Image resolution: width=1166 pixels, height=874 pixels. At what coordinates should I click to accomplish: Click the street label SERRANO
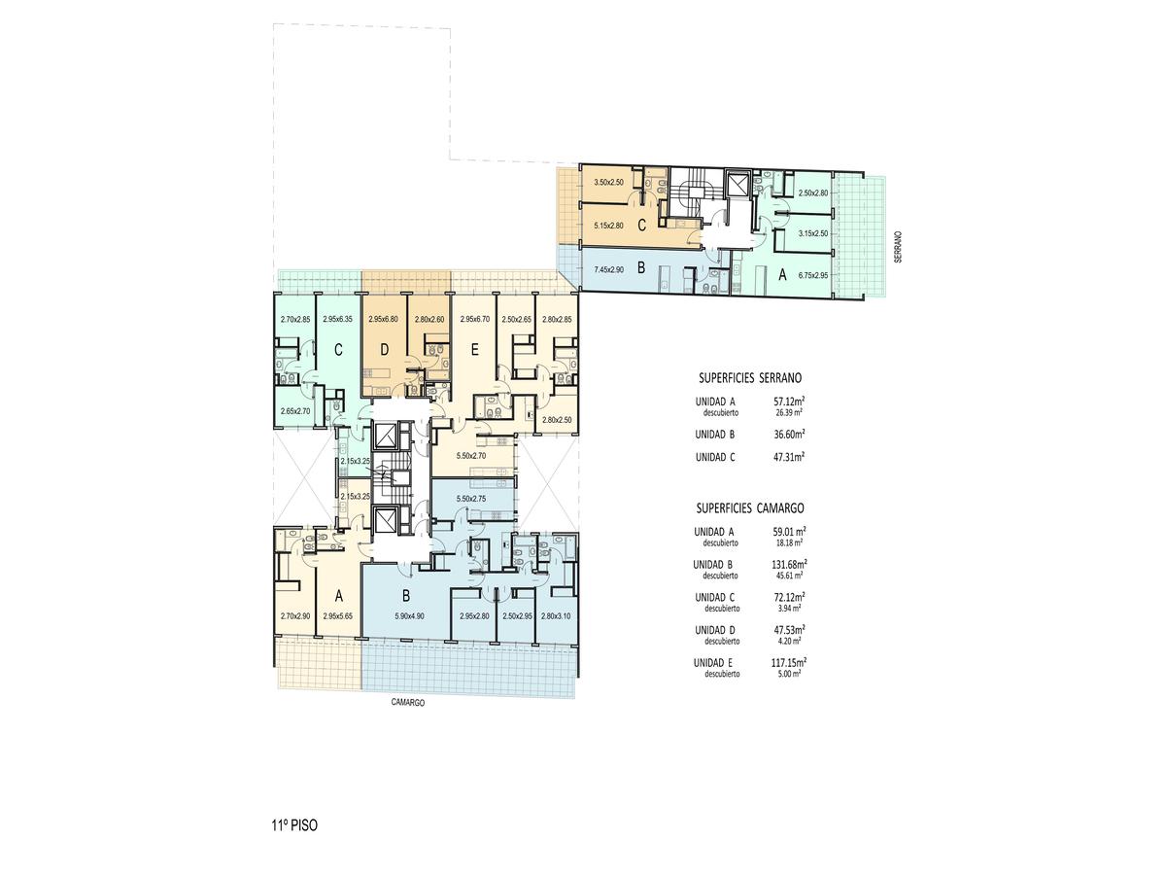[x=898, y=247]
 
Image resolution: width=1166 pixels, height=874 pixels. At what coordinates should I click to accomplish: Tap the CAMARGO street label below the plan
[x=407, y=702]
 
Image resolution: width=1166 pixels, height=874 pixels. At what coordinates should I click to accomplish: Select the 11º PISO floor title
[x=294, y=825]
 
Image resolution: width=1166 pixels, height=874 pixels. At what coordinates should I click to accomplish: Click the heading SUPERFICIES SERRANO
[x=749, y=378]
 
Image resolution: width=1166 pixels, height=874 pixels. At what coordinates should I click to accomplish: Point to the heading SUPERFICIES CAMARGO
[x=749, y=507]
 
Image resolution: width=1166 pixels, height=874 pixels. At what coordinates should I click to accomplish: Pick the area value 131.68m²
[x=789, y=564]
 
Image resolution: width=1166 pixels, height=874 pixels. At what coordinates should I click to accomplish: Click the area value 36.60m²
[x=789, y=434]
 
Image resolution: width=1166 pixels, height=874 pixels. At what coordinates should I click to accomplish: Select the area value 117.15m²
[x=789, y=662]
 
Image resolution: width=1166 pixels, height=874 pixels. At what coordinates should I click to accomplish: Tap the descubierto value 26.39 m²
[x=789, y=412]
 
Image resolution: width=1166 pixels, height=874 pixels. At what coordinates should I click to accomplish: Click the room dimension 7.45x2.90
[x=609, y=270]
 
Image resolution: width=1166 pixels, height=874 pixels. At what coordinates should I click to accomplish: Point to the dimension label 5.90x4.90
[x=409, y=616]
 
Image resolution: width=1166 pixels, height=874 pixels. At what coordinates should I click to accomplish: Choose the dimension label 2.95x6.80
[x=383, y=319]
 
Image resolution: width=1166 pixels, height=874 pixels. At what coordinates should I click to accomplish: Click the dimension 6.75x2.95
[x=813, y=275]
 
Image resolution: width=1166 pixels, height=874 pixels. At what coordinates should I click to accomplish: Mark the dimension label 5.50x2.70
[x=470, y=456]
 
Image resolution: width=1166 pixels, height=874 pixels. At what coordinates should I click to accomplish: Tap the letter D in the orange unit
[x=385, y=350]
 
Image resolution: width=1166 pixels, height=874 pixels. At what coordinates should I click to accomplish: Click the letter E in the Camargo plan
[x=474, y=350]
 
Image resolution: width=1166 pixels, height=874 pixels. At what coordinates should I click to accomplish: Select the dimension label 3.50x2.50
[x=609, y=182]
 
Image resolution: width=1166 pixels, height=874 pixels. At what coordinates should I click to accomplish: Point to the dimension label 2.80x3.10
[x=556, y=616]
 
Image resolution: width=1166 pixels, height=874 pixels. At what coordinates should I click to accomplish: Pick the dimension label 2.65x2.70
[x=294, y=411]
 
